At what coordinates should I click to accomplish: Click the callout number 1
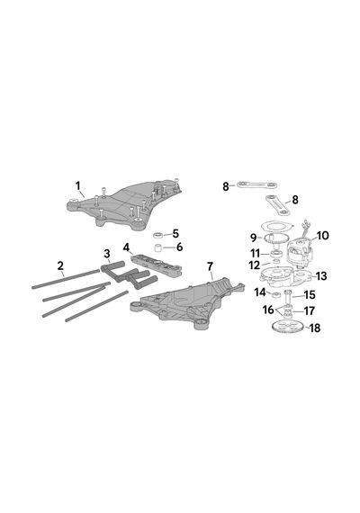(x=78, y=185)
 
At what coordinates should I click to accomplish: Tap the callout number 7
(x=210, y=266)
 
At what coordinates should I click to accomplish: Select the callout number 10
(x=323, y=236)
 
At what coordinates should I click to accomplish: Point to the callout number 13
(x=321, y=276)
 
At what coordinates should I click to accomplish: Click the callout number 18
(x=315, y=328)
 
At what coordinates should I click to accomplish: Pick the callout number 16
(x=268, y=310)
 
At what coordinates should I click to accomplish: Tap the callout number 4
(x=127, y=247)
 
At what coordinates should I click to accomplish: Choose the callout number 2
(x=60, y=265)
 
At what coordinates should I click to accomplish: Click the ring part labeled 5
(x=158, y=235)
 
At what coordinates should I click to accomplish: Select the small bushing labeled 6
(x=158, y=248)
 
